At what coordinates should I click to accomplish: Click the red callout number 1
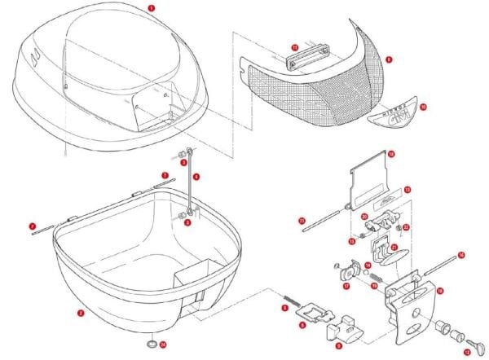[x=152, y=7]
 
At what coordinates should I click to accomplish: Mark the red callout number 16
[x=461, y=255]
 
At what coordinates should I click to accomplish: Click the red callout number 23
[x=302, y=220]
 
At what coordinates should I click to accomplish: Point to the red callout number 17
[x=345, y=286]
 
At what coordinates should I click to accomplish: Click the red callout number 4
[x=196, y=177]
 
